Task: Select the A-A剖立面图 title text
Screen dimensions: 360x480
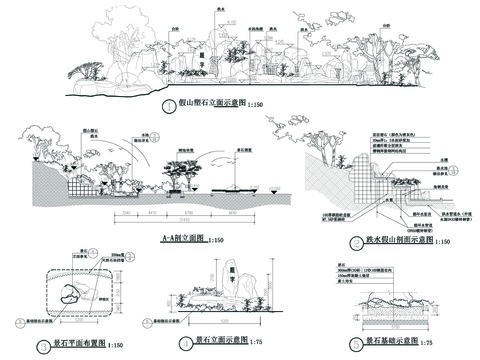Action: point(156,239)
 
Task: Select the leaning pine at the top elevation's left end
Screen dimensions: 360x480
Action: point(89,70)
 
